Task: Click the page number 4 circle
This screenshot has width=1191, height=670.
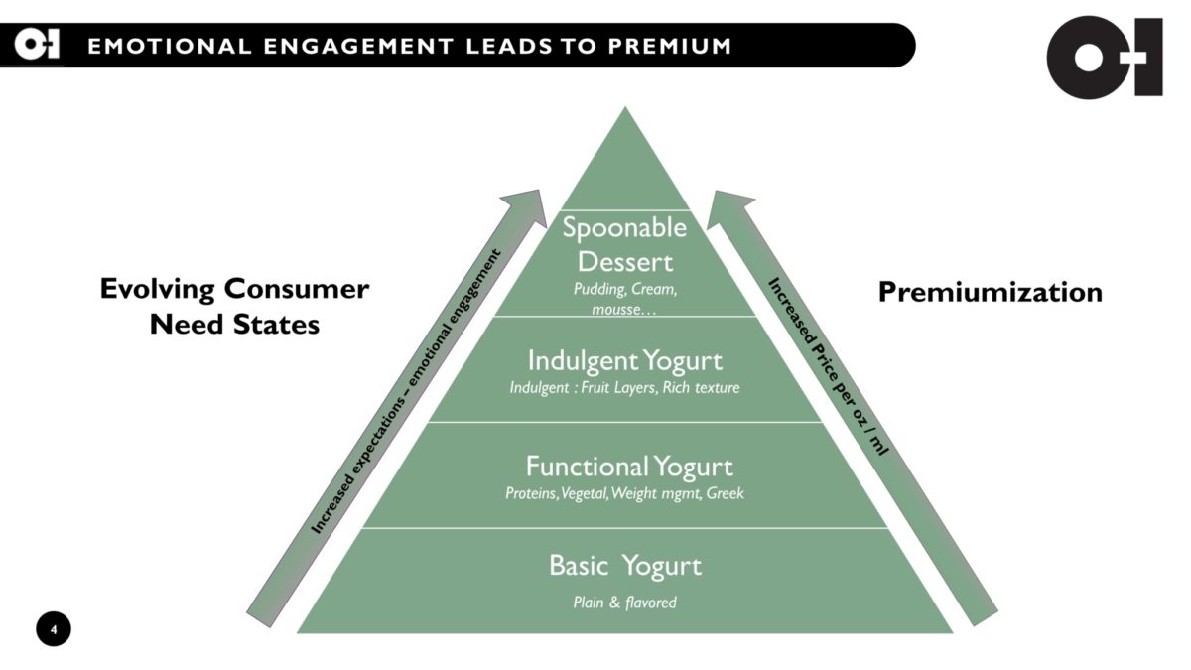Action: point(54,629)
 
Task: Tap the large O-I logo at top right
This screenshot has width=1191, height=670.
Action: point(1105,58)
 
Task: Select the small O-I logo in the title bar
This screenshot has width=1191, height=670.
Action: point(37,45)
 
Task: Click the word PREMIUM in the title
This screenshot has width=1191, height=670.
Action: point(670,47)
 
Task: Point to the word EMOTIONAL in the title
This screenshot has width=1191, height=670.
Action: point(170,47)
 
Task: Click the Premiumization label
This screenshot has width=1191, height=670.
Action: point(991,292)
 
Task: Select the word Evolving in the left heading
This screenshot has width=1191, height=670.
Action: point(158,290)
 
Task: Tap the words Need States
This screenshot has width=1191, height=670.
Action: point(234,325)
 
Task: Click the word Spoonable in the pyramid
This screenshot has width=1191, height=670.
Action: point(624,228)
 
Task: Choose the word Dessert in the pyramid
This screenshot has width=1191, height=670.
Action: point(625,262)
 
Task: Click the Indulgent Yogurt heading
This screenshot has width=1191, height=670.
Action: point(624,361)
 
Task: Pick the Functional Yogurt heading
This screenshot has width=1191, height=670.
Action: point(629,468)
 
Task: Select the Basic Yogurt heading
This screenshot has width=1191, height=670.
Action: point(625,566)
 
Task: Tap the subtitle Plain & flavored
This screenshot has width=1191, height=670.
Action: point(624,603)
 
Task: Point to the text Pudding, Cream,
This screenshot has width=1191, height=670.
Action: point(625,289)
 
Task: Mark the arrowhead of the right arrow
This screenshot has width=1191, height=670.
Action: point(728,208)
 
